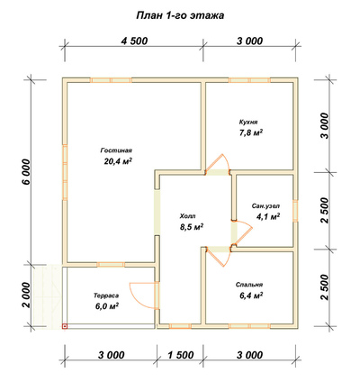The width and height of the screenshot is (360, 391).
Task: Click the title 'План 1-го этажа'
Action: coord(180,15)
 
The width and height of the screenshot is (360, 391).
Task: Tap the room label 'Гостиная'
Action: coord(116,150)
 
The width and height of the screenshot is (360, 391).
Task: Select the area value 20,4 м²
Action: coord(118,161)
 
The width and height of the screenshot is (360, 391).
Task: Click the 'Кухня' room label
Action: coord(248,123)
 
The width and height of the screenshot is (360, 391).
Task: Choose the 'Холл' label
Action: coord(187,216)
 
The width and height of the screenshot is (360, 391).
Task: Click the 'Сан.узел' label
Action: coord(265,206)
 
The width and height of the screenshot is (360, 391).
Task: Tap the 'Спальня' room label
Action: coord(249,285)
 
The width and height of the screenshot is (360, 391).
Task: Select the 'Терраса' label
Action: coord(106,296)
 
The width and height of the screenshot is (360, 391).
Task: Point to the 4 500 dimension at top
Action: coord(134,41)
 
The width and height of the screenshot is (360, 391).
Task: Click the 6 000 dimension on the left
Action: coord(26,172)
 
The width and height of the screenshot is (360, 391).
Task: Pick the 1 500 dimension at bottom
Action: coord(180,355)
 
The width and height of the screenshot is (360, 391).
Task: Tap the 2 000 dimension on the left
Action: coord(26,296)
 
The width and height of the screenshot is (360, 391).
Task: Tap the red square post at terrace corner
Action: coord(64,326)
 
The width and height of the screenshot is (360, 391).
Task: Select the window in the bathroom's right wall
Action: coord(295,210)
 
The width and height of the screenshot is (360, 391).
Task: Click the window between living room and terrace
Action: coord(111,264)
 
